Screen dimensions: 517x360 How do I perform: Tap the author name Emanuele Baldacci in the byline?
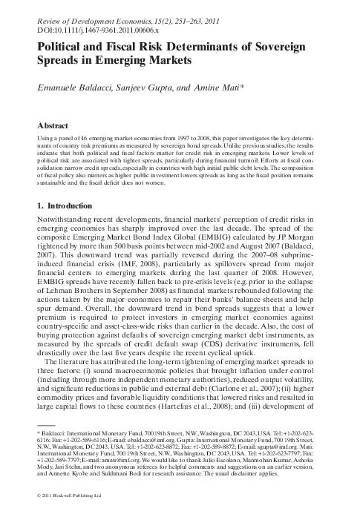[79, 88]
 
